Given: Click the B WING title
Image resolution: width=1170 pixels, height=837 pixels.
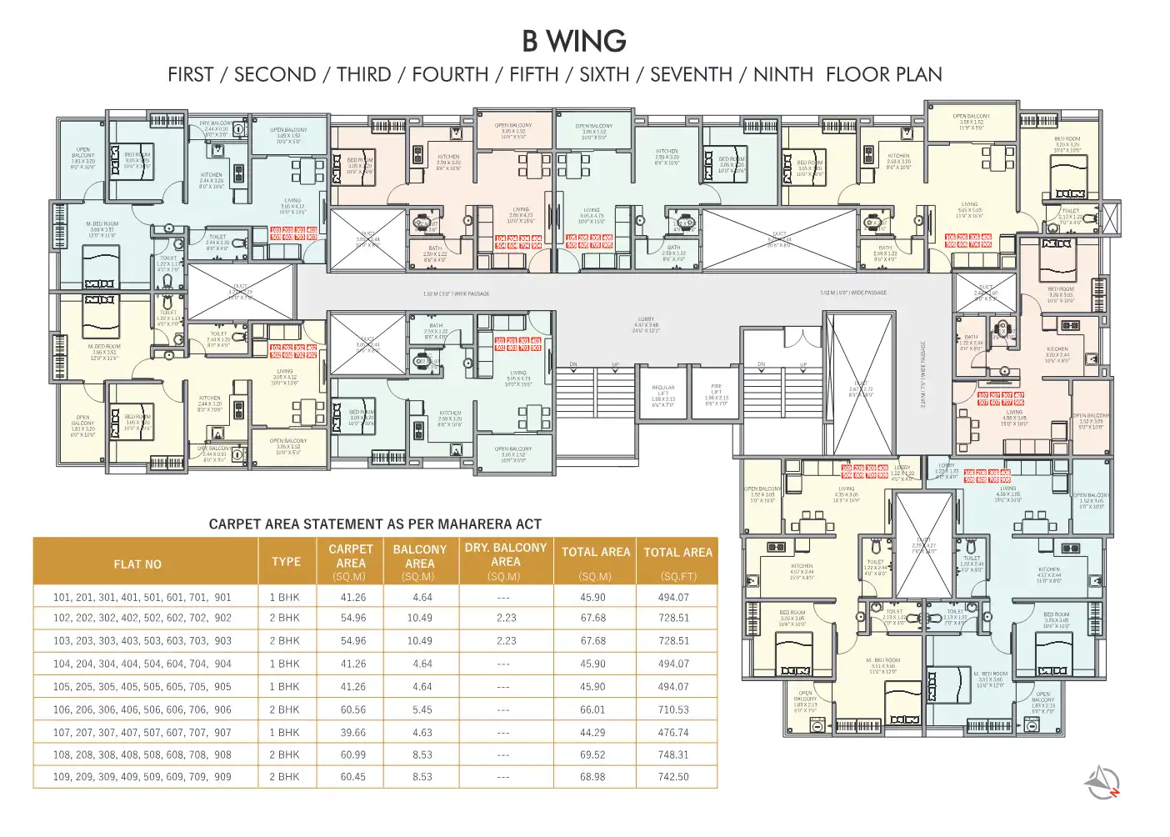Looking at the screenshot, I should point(574,41).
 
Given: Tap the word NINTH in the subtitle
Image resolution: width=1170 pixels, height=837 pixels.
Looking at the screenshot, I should point(782,74).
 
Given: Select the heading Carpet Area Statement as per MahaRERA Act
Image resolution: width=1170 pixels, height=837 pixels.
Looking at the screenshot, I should point(375,524).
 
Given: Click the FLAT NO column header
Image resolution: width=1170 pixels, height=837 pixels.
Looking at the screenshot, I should point(137,564).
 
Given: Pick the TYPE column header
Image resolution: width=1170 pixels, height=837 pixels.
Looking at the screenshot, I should point(286,561).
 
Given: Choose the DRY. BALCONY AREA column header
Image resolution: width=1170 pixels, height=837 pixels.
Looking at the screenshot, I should point(505,554).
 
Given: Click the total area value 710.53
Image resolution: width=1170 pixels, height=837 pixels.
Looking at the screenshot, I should point(673,709).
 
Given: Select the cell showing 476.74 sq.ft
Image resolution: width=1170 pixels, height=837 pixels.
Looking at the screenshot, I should point(673,732).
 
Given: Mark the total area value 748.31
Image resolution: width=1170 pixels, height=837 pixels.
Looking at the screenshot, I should point(673,754).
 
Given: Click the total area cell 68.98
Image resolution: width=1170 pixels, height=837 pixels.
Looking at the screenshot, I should point(592,776).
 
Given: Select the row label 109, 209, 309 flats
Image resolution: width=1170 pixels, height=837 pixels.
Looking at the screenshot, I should point(142,776).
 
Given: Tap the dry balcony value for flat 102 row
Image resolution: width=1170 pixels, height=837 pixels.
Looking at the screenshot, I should point(506,618).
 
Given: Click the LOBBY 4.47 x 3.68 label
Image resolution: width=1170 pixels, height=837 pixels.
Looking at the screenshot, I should point(646,324).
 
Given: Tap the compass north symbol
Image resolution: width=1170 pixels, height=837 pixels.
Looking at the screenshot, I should point(1102,781).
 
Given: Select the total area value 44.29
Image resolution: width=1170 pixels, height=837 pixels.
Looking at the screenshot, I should point(592,732).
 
